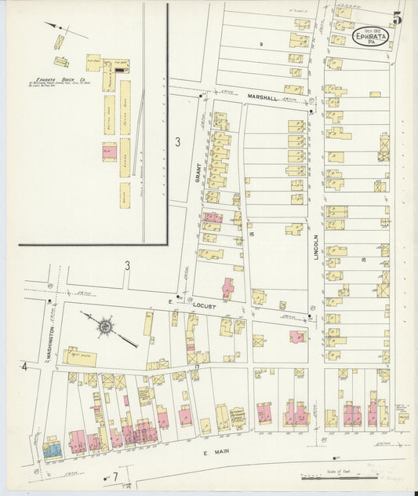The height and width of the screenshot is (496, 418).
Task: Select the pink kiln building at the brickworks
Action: pos(109,152)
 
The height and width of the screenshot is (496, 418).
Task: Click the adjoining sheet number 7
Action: pos(114,477)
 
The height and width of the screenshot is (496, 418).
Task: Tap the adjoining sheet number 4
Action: pos(25,367)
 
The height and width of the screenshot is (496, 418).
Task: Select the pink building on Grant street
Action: pos(213,217)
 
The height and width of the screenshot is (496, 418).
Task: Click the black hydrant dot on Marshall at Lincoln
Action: pos(311,112)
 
